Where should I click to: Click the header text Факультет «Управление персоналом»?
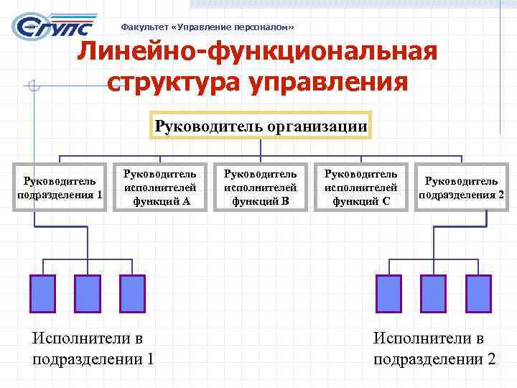click(208, 27)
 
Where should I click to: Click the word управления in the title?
click(329, 82)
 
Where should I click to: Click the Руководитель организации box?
click(261, 127)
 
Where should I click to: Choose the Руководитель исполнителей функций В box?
click(259, 188)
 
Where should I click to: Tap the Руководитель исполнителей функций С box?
click(360, 188)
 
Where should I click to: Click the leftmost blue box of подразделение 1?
click(42, 292)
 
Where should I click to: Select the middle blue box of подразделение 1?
click(88, 292)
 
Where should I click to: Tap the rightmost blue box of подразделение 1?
click(132, 292)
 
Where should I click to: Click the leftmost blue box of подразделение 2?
click(388, 292)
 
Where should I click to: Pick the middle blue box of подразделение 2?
click(433, 292)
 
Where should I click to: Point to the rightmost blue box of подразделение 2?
click(478, 292)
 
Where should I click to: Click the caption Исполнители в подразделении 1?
click(93, 348)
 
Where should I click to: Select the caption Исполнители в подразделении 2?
click(434, 348)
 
